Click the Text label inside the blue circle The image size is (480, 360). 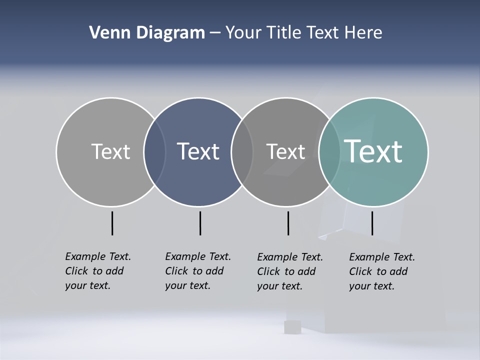198,151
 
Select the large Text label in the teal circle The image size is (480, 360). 373,151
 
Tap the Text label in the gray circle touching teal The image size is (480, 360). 285,151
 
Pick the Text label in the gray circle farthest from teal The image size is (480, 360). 110,151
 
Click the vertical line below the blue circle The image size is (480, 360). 200,223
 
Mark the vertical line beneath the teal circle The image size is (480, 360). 372,223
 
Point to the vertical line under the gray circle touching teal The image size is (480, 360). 288,223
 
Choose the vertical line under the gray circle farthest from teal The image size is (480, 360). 112,223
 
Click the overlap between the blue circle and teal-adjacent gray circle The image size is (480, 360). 242,152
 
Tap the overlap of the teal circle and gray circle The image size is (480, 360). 329,152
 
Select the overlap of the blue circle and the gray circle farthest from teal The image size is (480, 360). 154,152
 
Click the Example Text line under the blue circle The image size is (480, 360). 198,256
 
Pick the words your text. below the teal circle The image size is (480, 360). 371,286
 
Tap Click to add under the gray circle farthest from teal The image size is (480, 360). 94,271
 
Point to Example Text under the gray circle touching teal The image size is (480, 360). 290,257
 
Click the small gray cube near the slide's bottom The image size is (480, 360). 292,327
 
